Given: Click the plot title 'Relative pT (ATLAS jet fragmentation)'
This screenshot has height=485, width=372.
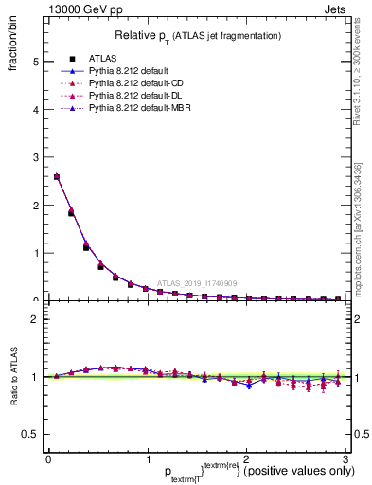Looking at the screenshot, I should click(x=198, y=35).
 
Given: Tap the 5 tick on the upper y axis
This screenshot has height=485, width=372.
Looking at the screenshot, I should click(x=34, y=62).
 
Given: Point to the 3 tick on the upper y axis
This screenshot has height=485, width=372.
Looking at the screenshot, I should click(x=34, y=157).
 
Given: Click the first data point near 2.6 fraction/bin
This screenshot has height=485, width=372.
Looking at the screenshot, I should click(x=57, y=176).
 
